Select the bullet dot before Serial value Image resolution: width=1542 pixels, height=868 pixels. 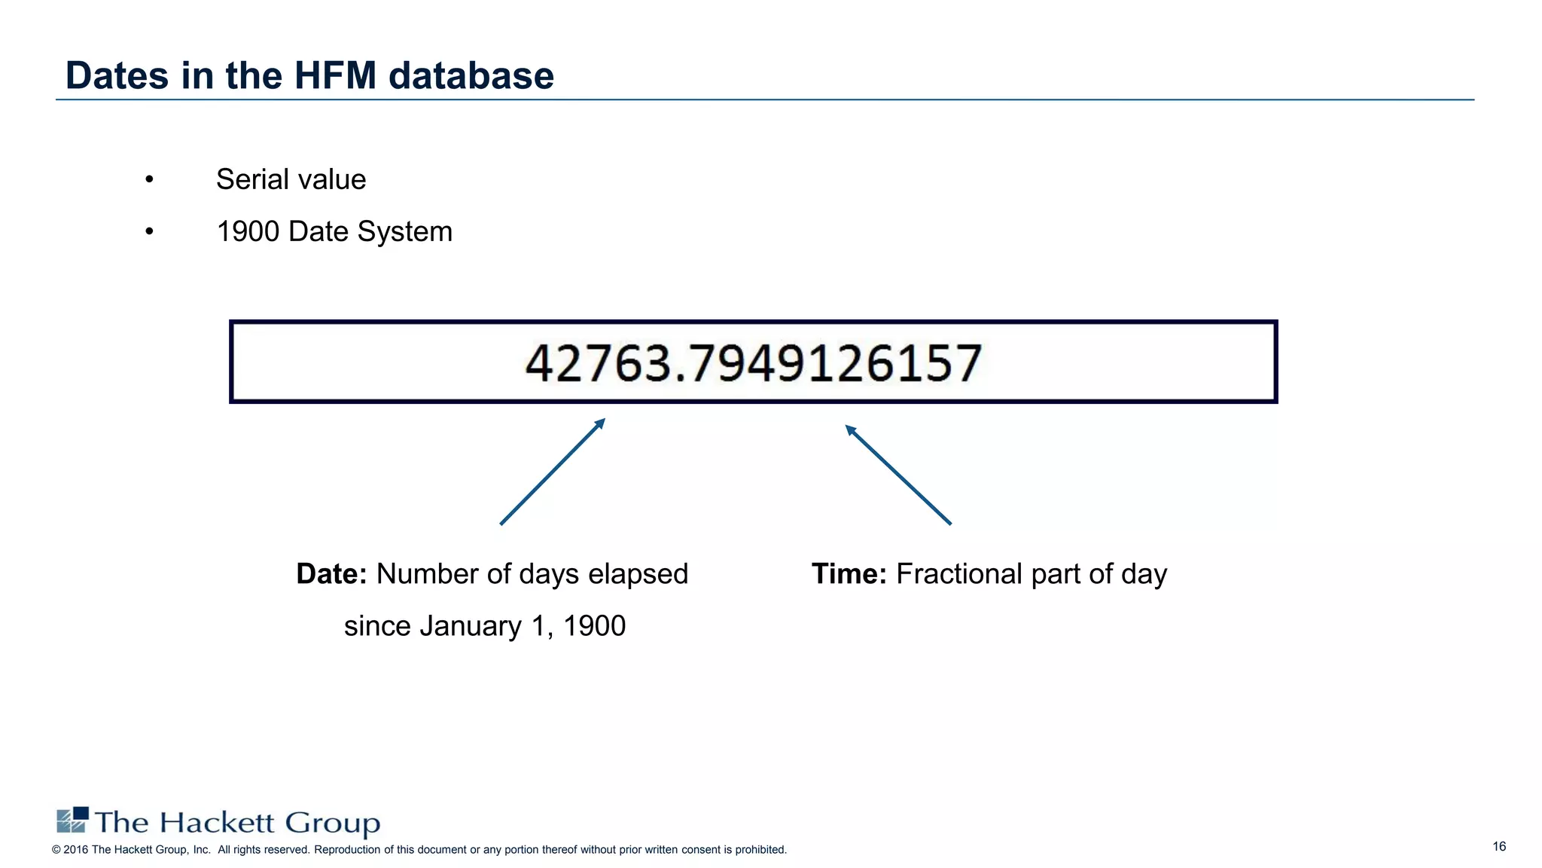[x=150, y=180]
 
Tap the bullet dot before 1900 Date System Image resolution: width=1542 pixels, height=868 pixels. [x=150, y=232]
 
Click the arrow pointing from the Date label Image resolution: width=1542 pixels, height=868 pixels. [x=553, y=472]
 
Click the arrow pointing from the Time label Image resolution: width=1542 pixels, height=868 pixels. [x=897, y=475]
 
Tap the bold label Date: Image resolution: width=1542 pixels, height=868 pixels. [x=331, y=574]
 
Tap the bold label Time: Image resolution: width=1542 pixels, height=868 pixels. [x=849, y=574]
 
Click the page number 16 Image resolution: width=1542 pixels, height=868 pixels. [x=1499, y=847]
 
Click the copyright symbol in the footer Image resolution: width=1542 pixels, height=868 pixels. [x=56, y=850]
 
